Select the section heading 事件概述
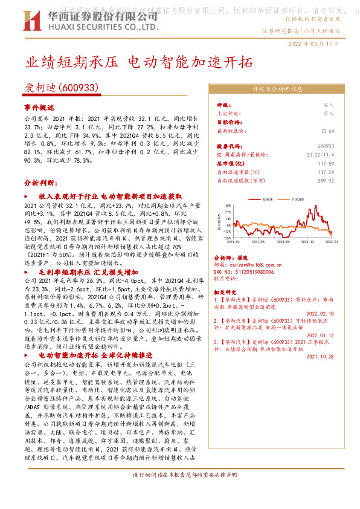coord(39,106)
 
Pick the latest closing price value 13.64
coord(327,131)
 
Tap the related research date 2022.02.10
coord(320,313)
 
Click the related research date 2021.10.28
coord(320,357)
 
